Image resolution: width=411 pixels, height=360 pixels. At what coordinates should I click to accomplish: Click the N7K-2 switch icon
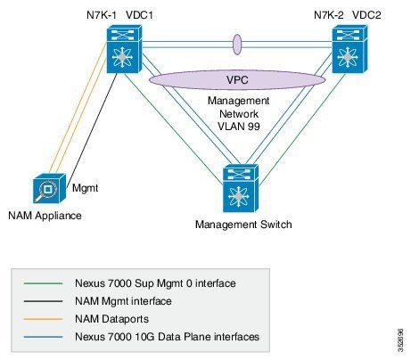coord(351,49)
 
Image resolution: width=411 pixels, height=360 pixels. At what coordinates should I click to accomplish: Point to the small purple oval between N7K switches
coord(237,44)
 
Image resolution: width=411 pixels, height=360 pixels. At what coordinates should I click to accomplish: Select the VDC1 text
coord(136,14)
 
